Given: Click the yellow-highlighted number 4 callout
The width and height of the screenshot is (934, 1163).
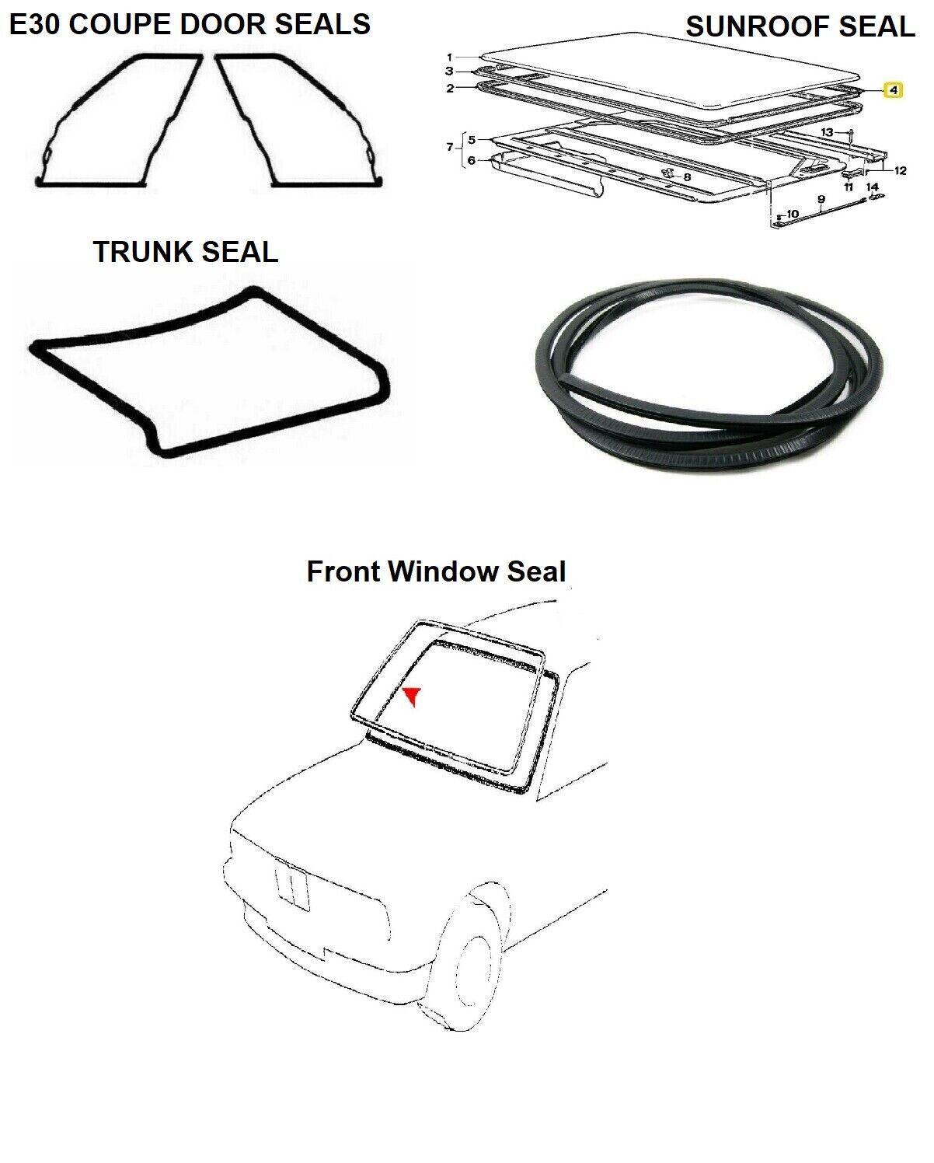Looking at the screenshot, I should pyautogui.click(x=893, y=90).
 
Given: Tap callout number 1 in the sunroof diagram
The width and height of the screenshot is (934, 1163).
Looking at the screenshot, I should pyautogui.click(x=449, y=57).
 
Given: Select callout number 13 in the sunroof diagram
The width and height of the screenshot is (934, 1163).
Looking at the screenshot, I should pyautogui.click(x=827, y=133).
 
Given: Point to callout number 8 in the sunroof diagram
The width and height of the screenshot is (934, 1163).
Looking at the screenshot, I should pyautogui.click(x=687, y=176).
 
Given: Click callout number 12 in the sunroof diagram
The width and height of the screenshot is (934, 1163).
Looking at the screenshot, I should pyautogui.click(x=900, y=171).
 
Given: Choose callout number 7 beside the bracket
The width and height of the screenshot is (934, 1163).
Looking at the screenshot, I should pyautogui.click(x=448, y=147).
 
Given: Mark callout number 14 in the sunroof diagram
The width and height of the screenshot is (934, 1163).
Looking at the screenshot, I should pyautogui.click(x=873, y=187).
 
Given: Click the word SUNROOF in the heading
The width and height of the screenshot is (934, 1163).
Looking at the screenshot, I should pyautogui.click(x=758, y=27).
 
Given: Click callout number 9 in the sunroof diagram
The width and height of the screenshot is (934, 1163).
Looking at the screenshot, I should pyautogui.click(x=821, y=199).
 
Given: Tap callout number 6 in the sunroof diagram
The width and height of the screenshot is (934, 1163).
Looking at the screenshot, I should pyautogui.click(x=471, y=160).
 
